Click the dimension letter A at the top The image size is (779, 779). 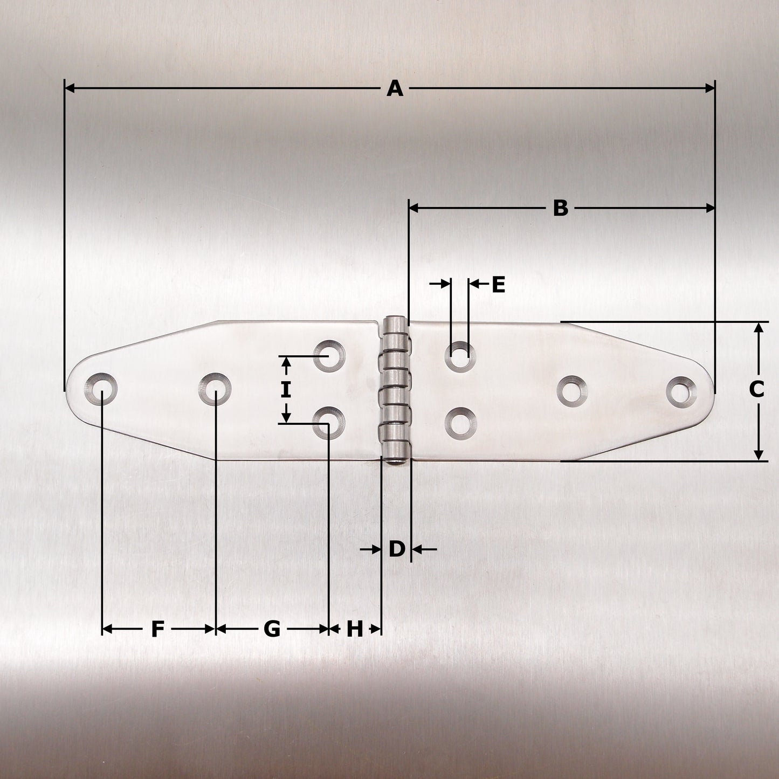tap(395, 88)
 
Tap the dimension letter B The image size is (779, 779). tap(561, 208)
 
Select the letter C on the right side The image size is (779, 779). tap(757, 389)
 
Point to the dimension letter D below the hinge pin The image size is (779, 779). tap(396, 549)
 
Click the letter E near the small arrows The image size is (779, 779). tap(498, 284)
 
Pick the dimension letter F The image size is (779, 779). tap(157, 629)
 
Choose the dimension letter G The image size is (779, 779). tap(272, 629)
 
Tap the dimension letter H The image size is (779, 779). tap(354, 629)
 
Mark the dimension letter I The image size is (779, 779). tap(286, 389)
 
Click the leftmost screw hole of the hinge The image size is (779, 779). tap(101, 389)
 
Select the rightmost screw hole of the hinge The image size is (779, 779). tap(681, 391)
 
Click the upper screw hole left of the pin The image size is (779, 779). tap(329, 356)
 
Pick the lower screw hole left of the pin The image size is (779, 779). tap(329, 422)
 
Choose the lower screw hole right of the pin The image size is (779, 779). tap(460, 422)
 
